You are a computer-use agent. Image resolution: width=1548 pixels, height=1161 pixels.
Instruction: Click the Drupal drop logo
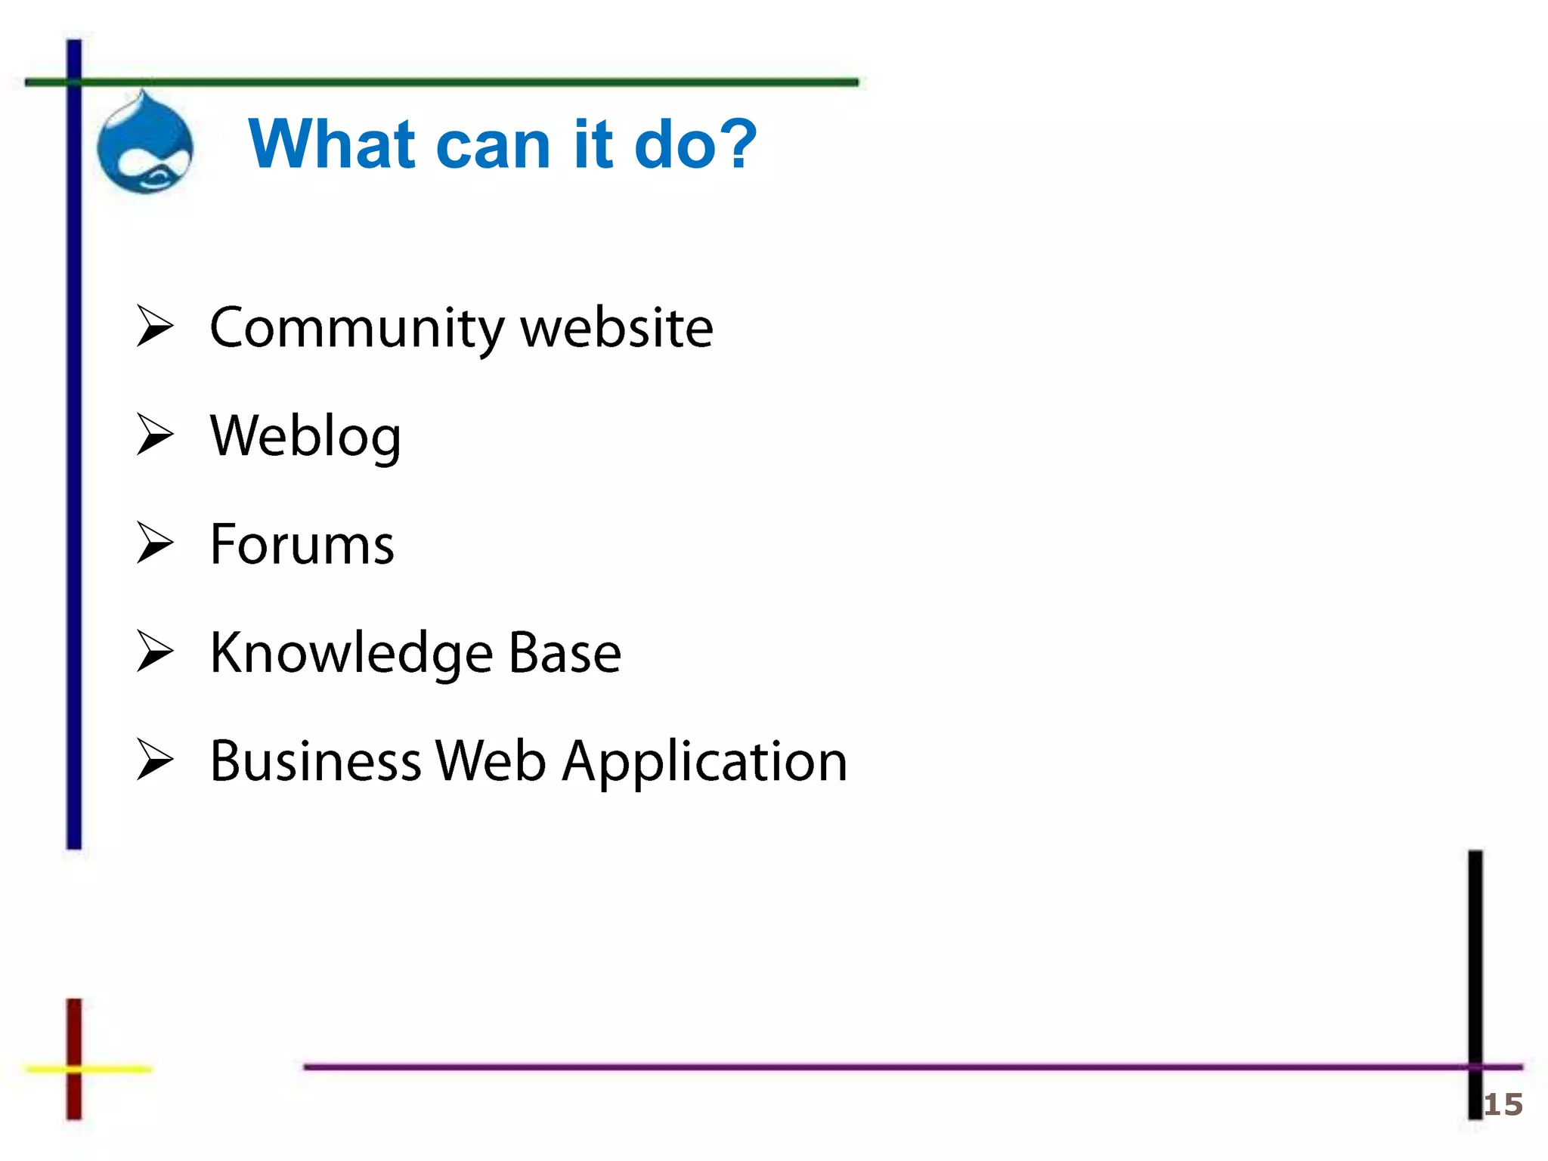tap(145, 144)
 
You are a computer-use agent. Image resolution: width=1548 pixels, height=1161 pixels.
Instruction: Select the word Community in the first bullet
tap(356, 329)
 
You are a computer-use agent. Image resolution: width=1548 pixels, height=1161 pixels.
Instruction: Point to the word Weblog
tap(305, 437)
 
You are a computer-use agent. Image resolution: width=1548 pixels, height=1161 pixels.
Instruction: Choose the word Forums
tap(302, 544)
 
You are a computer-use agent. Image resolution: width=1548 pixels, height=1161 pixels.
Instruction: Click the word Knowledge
tap(352, 653)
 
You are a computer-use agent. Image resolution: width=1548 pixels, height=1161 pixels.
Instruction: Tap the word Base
tap(565, 653)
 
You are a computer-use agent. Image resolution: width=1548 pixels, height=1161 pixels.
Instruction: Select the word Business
tap(315, 761)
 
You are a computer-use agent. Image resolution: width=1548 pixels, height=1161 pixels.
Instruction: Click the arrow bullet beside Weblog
tap(155, 435)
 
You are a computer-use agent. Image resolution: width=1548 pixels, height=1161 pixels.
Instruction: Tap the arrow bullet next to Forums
tap(155, 543)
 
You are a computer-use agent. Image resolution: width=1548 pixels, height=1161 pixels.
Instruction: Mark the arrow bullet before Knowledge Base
tap(155, 651)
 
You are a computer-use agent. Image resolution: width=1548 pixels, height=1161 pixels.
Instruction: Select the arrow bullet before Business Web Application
tap(155, 760)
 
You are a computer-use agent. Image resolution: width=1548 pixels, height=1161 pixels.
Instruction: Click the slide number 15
tap(1503, 1105)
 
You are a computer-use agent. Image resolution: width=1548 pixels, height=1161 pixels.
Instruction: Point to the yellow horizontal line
tap(113, 1069)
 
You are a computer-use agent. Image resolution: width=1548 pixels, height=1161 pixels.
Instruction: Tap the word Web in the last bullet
tap(491, 761)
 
